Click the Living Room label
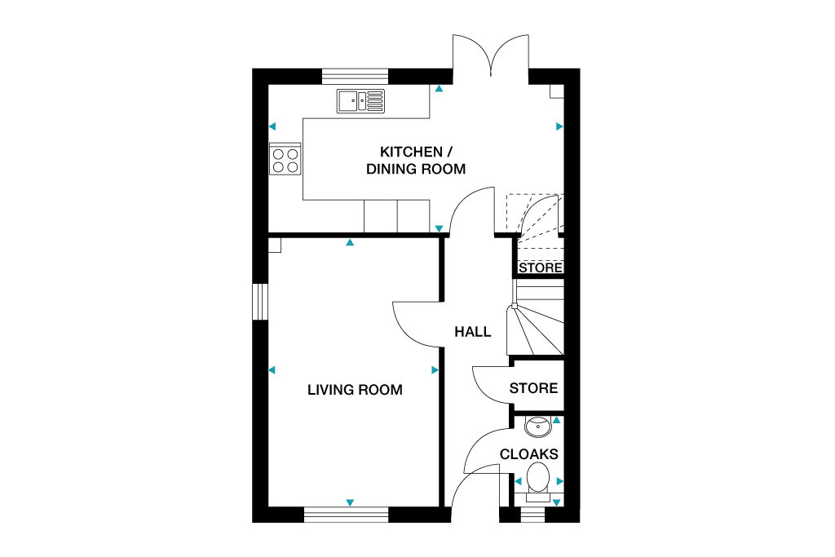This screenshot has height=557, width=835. click(x=355, y=390)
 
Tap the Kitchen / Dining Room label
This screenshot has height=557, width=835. click(x=415, y=161)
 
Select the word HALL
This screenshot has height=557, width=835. click(x=473, y=332)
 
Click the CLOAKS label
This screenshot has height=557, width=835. click(x=528, y=454)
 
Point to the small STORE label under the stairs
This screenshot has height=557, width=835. click(x=541, y=267)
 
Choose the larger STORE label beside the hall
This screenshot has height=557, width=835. click(x=534, y=388)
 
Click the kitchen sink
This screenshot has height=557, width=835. click(x=360, y=101)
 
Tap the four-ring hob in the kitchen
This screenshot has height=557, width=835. click(x=285, y=159)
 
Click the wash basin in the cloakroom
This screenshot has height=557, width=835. click(x=537, y=426)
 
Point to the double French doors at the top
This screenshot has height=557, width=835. click(x=491, y=55)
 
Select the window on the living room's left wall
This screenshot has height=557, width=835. click(x=260, y=301)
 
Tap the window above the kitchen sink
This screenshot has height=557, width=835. click(x=355, y=77)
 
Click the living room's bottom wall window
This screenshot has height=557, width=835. click(x=347, y=514)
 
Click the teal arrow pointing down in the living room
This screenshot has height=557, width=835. click(x=350, y=502)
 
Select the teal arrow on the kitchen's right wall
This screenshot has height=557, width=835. click(x=560, y=126)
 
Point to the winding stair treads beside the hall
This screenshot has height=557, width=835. click(x=535, y=322)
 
